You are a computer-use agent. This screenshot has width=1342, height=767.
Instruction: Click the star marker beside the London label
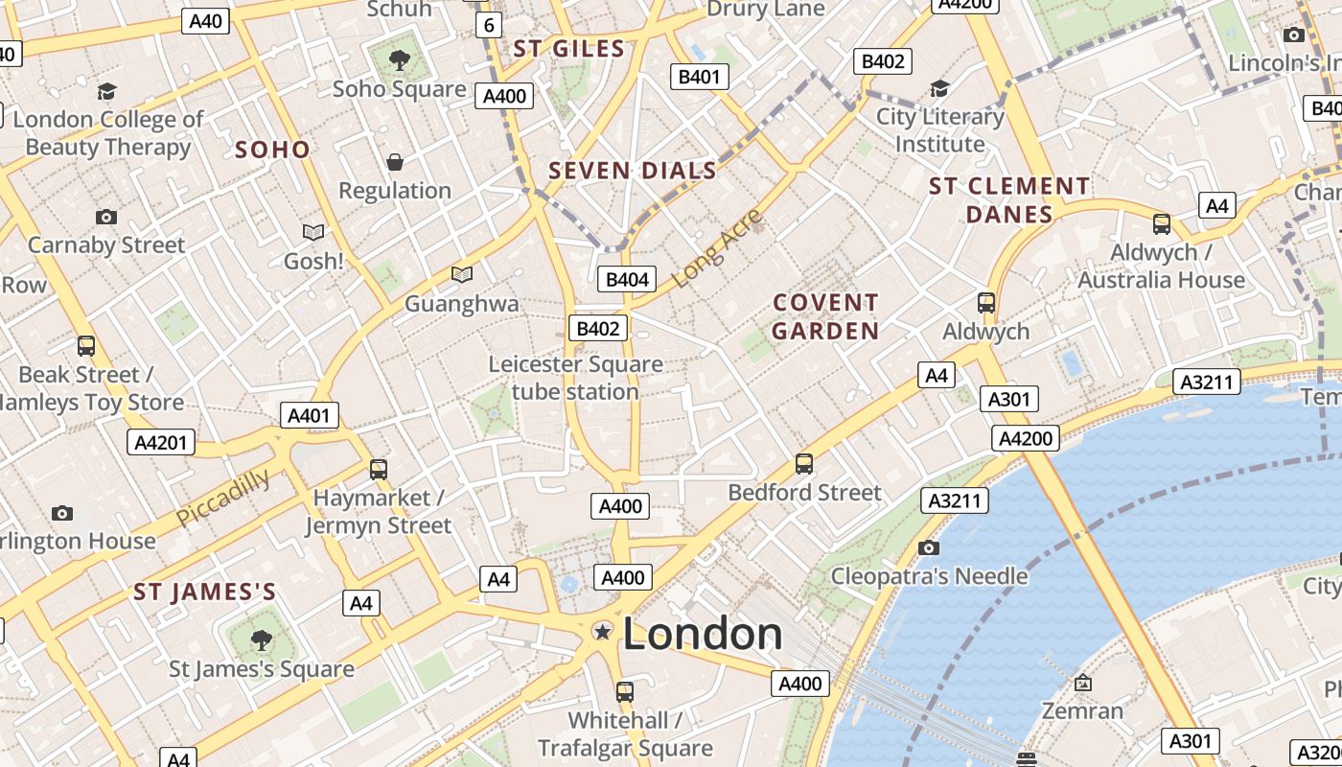[x=603, y=631]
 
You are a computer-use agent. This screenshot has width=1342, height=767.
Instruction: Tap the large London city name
[x=703, y=635]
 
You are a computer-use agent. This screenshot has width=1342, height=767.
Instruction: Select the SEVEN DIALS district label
[x=633, y=172]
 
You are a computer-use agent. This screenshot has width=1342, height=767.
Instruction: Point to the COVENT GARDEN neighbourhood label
[x=825, y=317]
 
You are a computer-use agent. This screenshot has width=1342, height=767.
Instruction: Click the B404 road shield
[x=628, y=280]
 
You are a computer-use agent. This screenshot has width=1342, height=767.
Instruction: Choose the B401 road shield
[x=699, y=77]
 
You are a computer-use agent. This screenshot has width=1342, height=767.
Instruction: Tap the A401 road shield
[x=309, y=415]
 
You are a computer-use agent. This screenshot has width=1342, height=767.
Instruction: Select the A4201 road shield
[x=161, y=442]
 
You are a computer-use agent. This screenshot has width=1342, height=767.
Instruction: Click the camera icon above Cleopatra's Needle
[x=928, y=547]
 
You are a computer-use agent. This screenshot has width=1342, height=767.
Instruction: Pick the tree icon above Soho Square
[x=399, y=60]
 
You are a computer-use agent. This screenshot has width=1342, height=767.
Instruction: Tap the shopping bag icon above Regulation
[x=395, y=162]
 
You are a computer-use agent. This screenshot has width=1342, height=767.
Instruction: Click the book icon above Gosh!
[x=313, y=232]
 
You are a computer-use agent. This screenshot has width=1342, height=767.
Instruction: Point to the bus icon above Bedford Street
[x=804, y=464]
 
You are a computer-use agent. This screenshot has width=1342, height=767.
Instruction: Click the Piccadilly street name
[x=223, y=498]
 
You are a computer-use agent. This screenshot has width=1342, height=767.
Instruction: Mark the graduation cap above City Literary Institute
[x=939, y=89]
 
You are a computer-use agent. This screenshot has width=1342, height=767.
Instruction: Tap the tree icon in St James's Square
[x=261, y=639]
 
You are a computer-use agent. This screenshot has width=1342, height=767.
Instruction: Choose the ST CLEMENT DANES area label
[x=1009, y=199]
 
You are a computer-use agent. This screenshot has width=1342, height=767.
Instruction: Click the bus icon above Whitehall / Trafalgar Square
[x=625, y=691]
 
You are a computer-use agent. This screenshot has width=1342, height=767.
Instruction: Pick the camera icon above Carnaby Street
[x=106, y=217]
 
